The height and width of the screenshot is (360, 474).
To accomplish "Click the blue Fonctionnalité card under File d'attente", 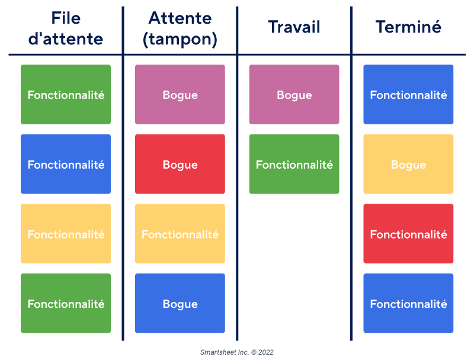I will [x=66, y=164].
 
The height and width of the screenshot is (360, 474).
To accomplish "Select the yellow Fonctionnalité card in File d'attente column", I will [x=66, y=234].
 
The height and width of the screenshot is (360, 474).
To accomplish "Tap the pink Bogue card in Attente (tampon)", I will [x=180, y=95].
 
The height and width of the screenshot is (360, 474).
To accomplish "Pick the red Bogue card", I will [x=180, y=164].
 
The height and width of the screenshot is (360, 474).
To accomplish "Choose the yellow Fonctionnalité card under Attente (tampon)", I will [x=180, y=234].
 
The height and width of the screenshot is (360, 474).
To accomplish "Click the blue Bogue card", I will [x=180, y=303].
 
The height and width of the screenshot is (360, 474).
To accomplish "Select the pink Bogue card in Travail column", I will [x=294, y=95].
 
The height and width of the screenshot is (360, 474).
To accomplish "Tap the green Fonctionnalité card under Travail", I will [x=294, y=164].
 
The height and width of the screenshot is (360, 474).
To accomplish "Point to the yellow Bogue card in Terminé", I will [x=408, y=164].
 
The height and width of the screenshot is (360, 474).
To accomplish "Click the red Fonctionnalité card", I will [x=408, y=234].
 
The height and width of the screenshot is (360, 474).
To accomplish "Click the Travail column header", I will [x=294, y=27].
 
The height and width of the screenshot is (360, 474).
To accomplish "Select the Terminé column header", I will [x=408, y=27].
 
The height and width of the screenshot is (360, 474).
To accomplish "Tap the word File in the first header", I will [x=66, y=18].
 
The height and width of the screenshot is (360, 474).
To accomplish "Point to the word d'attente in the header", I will [x=66, y=39].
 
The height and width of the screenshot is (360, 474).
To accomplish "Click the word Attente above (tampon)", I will [x=180, y=18].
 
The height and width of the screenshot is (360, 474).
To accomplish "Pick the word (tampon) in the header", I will [x=180, y=39].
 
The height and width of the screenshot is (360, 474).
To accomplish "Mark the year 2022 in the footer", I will [x=265, y=352].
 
